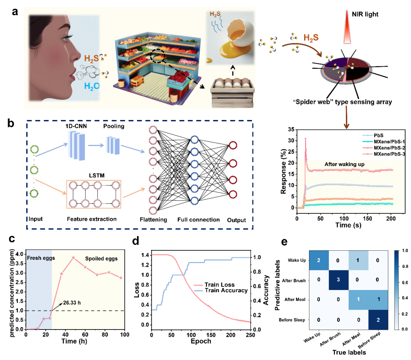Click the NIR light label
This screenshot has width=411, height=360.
pyautogui.click(x=365, y=14)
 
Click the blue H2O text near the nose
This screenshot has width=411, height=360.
pyautogui.click(x=92, y=86)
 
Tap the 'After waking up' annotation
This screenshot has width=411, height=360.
pyautogui.click(x=344, y=164)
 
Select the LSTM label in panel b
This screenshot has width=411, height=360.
pyautogui.click(x=96, y=175)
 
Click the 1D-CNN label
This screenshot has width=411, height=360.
pyautogui.click(x=76, y=126)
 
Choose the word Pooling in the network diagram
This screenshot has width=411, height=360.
pyautogui.click(x=114, y=126)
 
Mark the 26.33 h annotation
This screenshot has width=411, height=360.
pyautogui.click(x=72, y=302)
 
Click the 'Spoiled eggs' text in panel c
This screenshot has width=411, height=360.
pyautogui.click(x=101, y=258)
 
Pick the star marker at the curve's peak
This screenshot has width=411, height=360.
pyautogui.click(x=73, y=258)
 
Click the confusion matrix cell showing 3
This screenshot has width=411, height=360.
pyautogui.click(x=338, y=280)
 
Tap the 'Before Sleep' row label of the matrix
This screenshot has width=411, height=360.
pyautogui.click(x=292, y=320)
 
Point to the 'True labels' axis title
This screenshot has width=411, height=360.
pyautogui.click(x=349, y=352)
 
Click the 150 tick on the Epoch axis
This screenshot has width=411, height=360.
pyautogui.click(x=211, y=335)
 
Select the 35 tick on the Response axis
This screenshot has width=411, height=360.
pyautogui.click(x=291, y=130)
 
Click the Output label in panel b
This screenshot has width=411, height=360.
pyautogui.click(x=236, y=220)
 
